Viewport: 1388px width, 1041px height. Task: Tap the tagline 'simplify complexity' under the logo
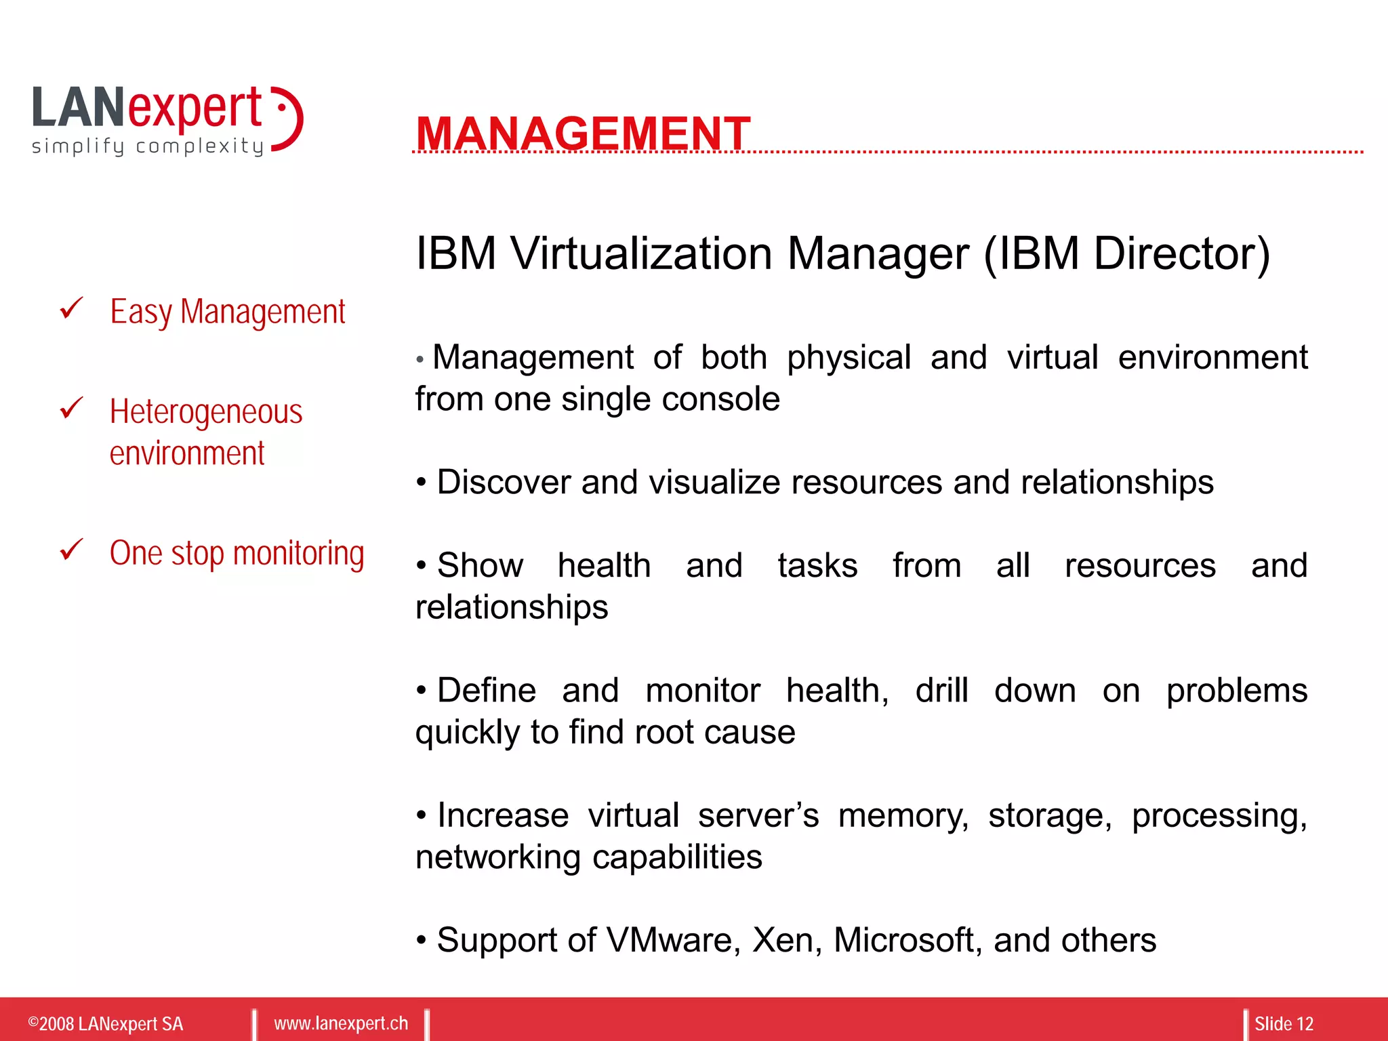148,146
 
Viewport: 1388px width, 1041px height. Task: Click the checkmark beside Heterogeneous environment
71,408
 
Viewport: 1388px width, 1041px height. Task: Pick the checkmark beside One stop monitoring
71,549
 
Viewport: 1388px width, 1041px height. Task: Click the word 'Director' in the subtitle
1181,253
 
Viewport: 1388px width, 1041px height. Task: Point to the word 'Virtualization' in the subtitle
641,253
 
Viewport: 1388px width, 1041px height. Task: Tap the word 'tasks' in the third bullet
817,566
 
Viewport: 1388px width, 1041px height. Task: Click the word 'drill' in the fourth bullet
941,691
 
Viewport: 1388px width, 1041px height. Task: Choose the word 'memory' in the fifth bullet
902,816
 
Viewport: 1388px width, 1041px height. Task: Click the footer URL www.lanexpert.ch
341,1023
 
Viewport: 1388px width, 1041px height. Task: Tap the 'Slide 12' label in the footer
1284,1023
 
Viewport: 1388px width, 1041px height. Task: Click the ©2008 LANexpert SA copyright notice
106,1023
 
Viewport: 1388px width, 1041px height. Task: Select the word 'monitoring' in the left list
298,554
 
